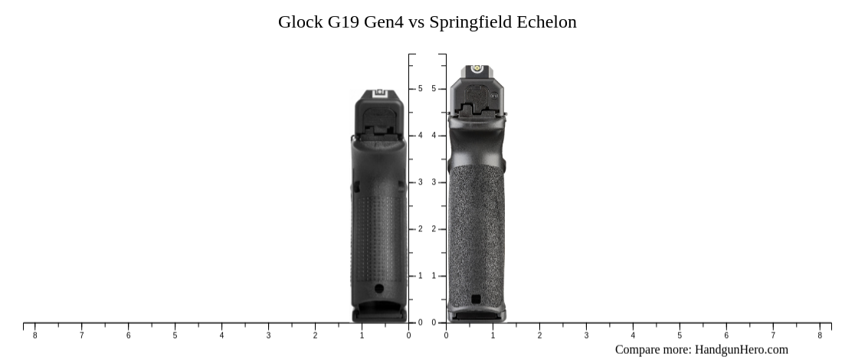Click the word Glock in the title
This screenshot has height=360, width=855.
tap(300, 22)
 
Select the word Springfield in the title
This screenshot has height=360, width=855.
tap(470, 22)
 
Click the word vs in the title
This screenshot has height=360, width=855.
tap(416, 22)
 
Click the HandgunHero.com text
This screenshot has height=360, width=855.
tap(741, 350)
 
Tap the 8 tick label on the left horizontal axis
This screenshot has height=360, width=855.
tap(34, 335)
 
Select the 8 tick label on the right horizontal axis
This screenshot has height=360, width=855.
tap(820, 335)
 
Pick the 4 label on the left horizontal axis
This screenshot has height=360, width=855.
tap(221, 335)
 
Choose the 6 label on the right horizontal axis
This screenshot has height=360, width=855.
tap(726, 335)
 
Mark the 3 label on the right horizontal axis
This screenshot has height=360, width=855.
tap(586, 335)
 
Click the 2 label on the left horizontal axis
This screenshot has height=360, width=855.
tap(315, 335)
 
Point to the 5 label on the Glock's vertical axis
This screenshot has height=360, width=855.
tap(420, 89)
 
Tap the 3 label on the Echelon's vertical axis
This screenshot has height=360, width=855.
tap(434, 182)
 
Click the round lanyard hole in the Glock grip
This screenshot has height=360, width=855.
tap(378, 289)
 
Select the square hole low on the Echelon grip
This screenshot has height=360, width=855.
tap(476, 299)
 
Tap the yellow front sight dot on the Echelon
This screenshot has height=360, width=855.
tap(476, 70)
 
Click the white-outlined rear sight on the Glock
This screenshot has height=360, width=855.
tap(378, 94)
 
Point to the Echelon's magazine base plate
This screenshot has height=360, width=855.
tap(476, 313)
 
